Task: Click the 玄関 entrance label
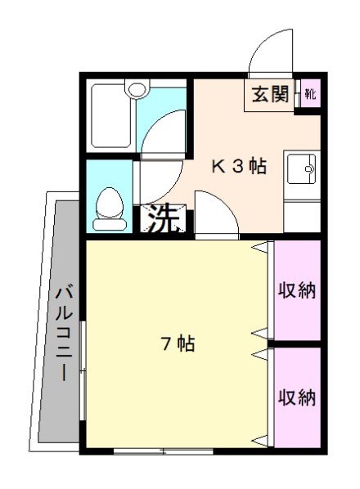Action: point(269,95)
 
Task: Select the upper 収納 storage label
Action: point(296,290)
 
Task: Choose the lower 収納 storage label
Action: point(296,398)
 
